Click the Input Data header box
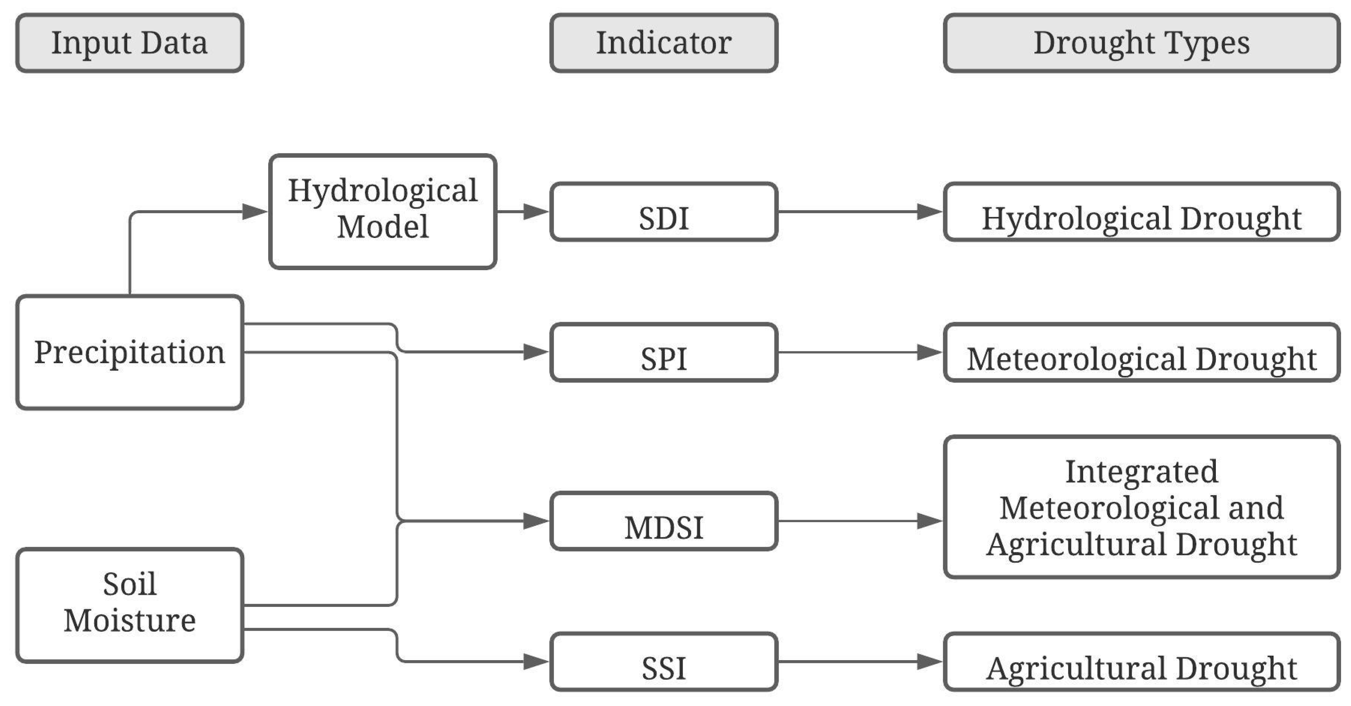(129, 43)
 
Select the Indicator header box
(663, 43)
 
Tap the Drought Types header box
(1141, 43)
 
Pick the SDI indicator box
(663, 212)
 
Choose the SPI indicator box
(663, 352)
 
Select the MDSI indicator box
(663, 521)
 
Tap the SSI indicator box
(663, 661)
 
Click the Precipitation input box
(129, 352)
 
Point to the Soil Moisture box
(129, 605)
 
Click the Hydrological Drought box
(1141, 212)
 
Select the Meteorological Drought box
(1141, 352)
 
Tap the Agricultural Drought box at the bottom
(1141, 661)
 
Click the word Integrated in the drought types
(1141, 472)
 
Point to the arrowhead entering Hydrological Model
(256, 212)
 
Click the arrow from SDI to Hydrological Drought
(860, 212)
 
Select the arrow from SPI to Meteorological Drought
(860, 352)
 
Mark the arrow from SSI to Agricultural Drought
(860, 661)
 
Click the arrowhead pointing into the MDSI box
(536, 521)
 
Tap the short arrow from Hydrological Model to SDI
(522, 212)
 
